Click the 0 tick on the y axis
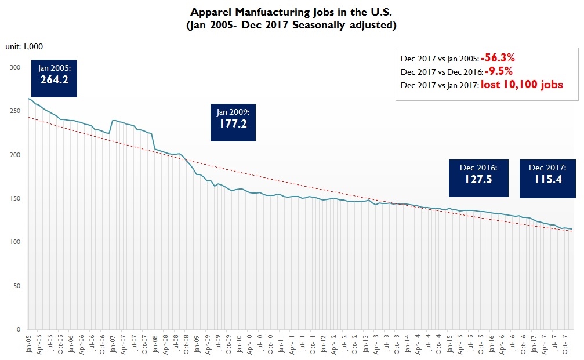(x=19, y=329)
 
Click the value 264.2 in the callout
(x=54, y=80)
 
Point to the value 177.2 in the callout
(x=233, y=123)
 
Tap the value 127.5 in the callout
(x=478, y=179)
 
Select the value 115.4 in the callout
(x=547, y=179)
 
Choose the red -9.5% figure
(x=499, y=71)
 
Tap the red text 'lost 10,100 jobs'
(x=522, y=85)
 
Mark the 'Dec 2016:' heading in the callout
(x=478, y=168)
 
